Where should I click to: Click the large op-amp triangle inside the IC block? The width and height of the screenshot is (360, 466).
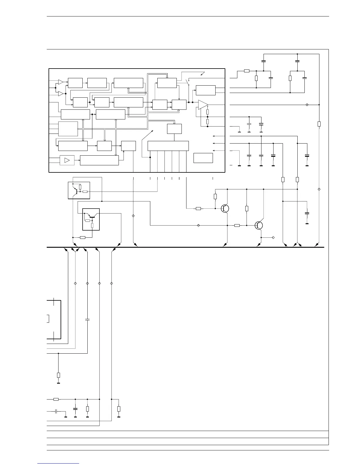tap(203, 105)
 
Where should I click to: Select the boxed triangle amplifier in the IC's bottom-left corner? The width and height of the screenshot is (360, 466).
tap(67, 160)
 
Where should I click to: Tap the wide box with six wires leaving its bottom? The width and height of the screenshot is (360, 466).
tap(168, 146)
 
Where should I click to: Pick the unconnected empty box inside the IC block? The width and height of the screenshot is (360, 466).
tap(203, 158)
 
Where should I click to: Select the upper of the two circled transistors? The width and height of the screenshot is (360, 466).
tap(225, 208)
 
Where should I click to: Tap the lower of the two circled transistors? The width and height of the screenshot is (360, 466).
tap(259, 225)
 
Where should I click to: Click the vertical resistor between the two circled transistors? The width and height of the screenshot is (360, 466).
tap(246, 208)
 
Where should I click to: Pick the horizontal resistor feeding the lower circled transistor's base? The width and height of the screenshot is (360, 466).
tap(237, 225)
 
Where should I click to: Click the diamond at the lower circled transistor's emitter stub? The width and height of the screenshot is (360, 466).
tap(273, 237)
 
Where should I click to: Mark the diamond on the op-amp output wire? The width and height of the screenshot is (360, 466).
tap(307, 105)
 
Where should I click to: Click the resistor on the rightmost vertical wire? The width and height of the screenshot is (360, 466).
tap(319, 124)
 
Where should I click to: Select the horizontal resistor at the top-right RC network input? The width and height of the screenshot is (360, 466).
tap(247, 71)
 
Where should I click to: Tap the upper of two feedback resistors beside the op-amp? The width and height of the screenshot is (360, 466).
tap(208, 112)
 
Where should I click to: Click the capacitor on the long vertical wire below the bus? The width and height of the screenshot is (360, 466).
tap(87, 319)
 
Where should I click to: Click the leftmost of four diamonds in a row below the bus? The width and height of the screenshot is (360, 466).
tap(75, 283)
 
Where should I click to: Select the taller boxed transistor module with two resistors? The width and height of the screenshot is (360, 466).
tap(91, 219)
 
